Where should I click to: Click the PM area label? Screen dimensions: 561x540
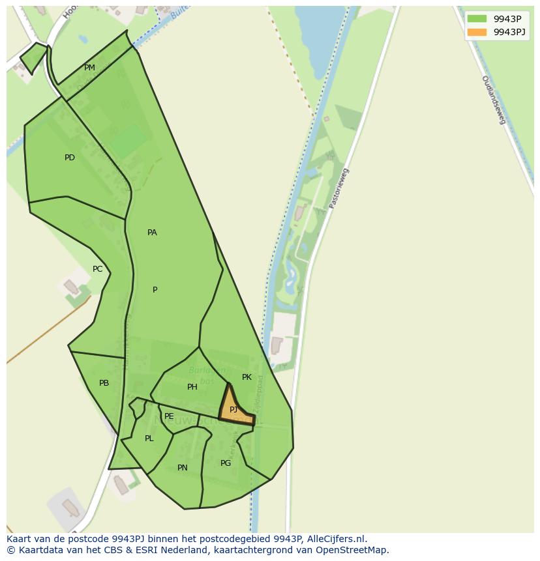89,68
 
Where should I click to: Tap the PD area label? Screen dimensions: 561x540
70,158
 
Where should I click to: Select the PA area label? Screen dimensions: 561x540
152,233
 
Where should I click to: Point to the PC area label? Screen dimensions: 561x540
97,269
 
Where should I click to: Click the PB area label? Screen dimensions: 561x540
104,383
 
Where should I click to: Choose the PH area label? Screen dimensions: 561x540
192,387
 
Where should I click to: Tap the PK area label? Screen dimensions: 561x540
247,377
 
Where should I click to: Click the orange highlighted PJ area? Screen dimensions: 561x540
234,410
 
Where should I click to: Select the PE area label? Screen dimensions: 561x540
169,416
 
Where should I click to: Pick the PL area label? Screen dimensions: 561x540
149,439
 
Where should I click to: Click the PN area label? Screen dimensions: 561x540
183,468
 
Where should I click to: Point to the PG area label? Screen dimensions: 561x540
226,463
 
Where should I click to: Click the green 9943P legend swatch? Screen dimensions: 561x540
477,19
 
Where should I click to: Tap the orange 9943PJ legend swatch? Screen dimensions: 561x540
477,32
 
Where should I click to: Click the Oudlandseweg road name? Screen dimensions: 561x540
494,99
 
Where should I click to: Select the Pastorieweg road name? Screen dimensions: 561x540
339,188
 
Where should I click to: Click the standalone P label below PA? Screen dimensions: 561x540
155,290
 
